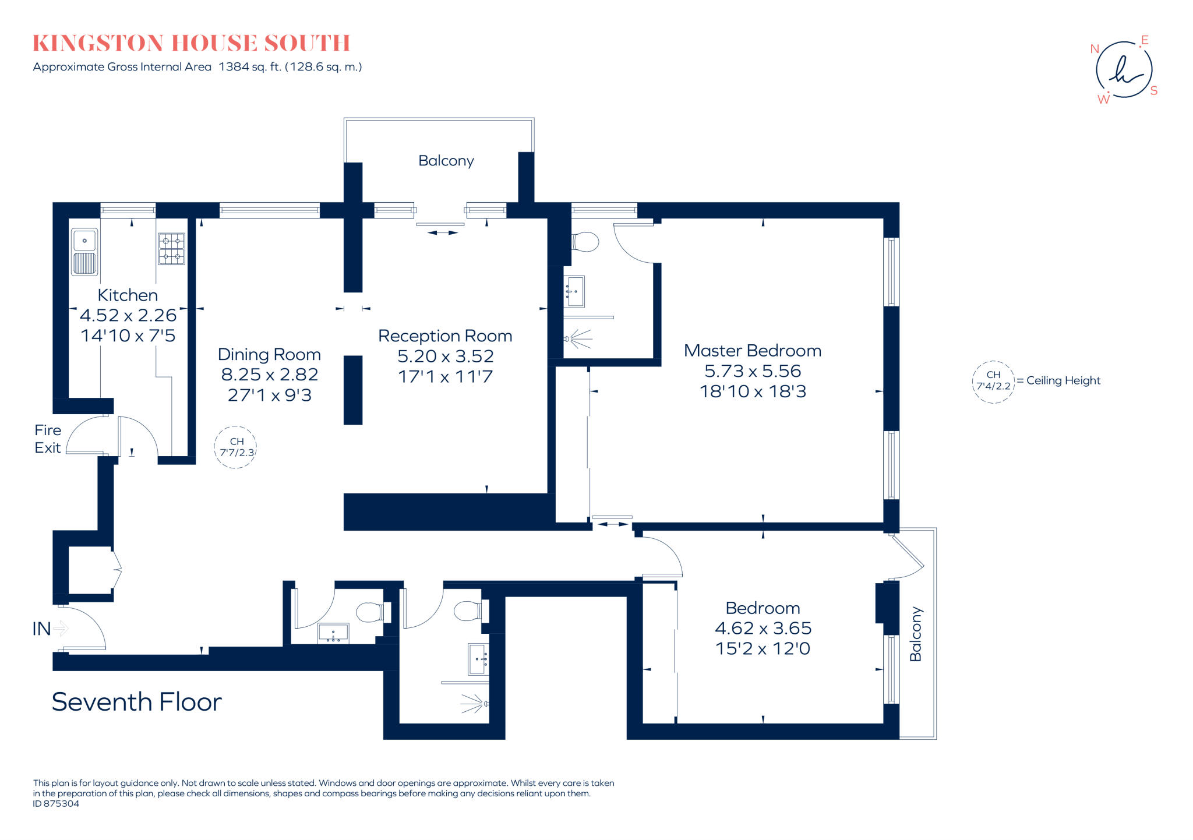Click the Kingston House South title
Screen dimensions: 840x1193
(191, 43)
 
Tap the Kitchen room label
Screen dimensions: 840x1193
(128, 295)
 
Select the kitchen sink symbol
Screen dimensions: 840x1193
(84, 252)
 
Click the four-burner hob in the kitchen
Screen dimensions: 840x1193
(171, 249)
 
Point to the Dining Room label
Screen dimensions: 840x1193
(269, 354)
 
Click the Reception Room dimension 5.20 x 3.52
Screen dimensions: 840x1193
(445, 356)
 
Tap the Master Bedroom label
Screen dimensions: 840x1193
(752, 351)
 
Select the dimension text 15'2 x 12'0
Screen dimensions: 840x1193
(763, 648)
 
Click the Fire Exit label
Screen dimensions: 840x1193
(48, 439)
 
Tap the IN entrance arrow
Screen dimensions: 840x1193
(61, 629)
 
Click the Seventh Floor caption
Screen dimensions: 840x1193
(137, 702)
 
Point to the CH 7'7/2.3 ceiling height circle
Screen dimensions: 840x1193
(236, 447)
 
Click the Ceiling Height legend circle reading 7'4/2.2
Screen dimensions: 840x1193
(993, 382)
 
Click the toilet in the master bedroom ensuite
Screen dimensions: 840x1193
(586, 242)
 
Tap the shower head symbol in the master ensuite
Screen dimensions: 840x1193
(578, 338)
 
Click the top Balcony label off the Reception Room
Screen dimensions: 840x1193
(446, 161)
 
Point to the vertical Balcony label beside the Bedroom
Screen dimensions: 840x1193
(915, 634)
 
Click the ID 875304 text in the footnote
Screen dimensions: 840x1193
(56, 804)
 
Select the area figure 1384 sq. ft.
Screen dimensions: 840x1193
(250, 67)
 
